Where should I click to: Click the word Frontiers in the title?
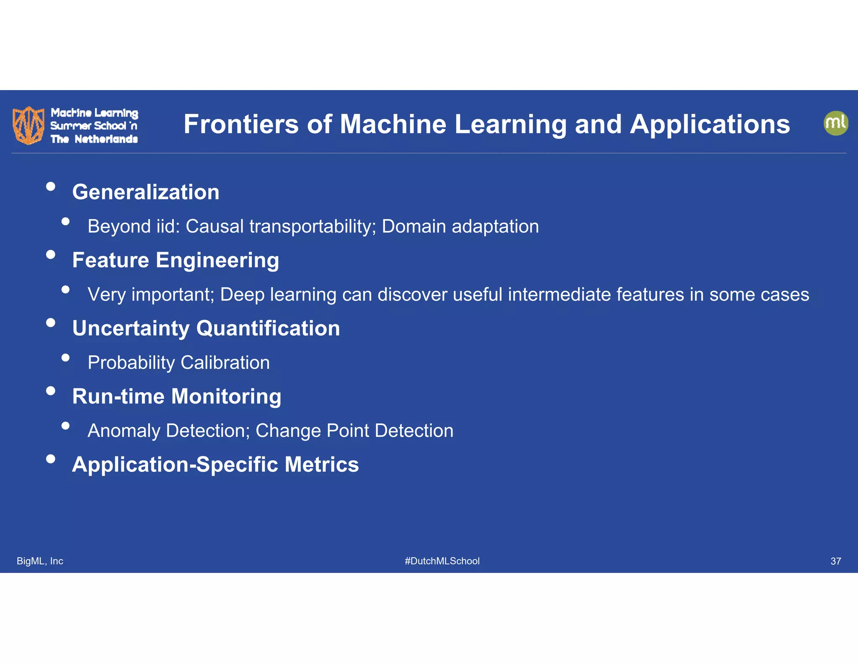click(241, 124)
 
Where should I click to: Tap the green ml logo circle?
click(835, 123)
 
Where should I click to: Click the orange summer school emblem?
click(28, 125)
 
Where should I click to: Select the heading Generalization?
click(145, 192)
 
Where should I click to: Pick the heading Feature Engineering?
click(176, 260)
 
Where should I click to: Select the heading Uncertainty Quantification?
click(206, 328)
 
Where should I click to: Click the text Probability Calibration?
click(178, 363)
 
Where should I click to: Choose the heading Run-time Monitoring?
click(176, 396)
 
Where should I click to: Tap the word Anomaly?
click(124, 431)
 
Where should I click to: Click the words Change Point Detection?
click(354, 431)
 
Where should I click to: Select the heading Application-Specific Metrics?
click(215, 465)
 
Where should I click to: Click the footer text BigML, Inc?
click(40, 561)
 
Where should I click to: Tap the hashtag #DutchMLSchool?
click(442, 561)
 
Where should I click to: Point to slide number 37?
click(835, 561)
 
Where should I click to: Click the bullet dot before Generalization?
click(51, 186)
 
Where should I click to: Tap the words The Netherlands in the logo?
click(94, 139)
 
